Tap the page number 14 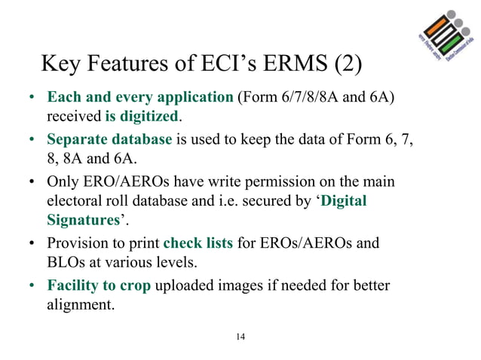[x=240, y=336]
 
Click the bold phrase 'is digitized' [x=142, y=117]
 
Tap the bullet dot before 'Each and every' [x=32, y=99]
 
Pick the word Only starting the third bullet [x=63, y=182]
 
